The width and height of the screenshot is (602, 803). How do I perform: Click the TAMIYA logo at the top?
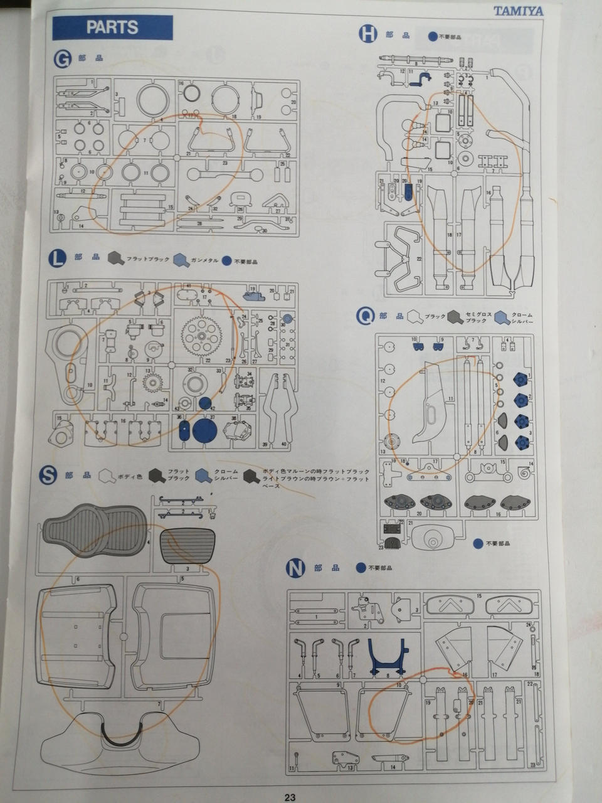coord(518,11)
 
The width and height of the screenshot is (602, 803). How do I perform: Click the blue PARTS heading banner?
coord(112,28)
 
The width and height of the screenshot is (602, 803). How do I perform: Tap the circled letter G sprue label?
coord(62,60)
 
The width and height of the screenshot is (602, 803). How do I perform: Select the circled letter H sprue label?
coord(367,35)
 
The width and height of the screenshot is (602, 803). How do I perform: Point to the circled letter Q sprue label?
coord(365,316)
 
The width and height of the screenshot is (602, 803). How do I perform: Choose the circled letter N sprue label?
coord(295,568)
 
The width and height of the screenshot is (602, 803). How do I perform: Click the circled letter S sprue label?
coord(48,476)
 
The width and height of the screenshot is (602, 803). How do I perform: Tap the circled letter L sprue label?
coord(58,257)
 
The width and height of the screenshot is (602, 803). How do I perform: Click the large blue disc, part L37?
coord(204,431)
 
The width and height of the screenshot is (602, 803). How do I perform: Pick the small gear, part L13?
coord(151,380)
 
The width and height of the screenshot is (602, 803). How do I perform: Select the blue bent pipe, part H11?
coord(425,77)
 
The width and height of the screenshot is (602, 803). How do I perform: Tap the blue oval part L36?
coord(184,430)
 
